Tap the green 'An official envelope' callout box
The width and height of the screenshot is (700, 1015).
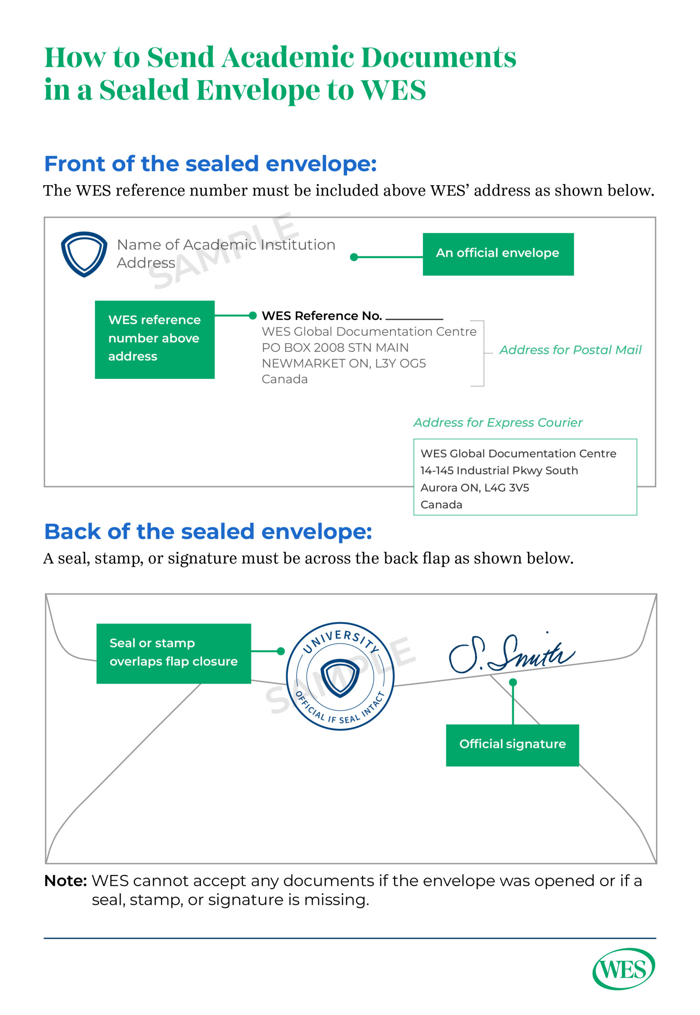(498, 254)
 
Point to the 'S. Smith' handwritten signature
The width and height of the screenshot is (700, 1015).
(511, 653)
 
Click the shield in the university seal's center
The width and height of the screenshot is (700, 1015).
(340, 678)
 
